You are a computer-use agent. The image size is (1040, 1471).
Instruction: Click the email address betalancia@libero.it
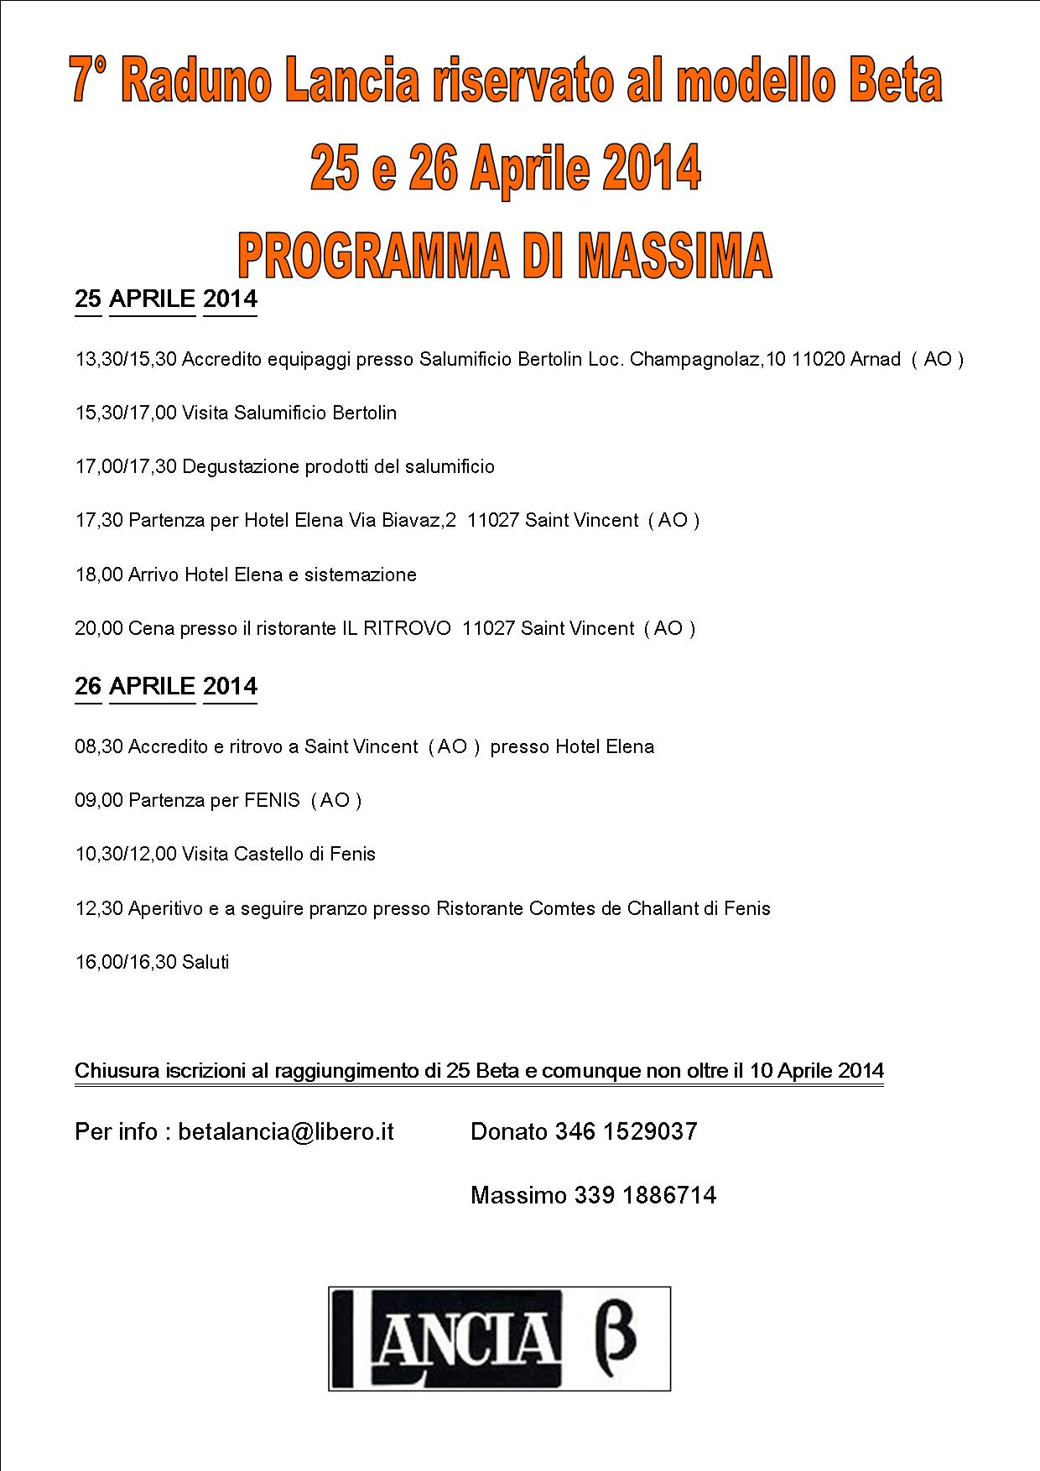tap(286, 1132)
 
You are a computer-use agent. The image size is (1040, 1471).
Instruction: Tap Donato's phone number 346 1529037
tap(626, 1132)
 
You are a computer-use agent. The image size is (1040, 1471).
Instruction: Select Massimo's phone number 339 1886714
tap(645, 1195)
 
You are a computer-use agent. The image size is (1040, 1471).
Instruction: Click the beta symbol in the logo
tap(615, 1338)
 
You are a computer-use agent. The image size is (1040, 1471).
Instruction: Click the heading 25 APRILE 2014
tap(166, 299)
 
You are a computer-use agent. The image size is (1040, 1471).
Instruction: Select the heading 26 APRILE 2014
tap(166, 687)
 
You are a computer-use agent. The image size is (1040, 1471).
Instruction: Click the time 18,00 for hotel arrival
tap(99, 575)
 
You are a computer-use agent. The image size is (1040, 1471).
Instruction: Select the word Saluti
tap(205, 962)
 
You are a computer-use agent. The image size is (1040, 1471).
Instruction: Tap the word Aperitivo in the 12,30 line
tap(166, 908)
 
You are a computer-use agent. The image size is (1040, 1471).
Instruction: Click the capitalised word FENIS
tap(272, 801)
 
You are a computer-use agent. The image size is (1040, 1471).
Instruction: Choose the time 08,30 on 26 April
tap(99, 747)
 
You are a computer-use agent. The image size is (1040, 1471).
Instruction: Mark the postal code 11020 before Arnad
tap(818, 360)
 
